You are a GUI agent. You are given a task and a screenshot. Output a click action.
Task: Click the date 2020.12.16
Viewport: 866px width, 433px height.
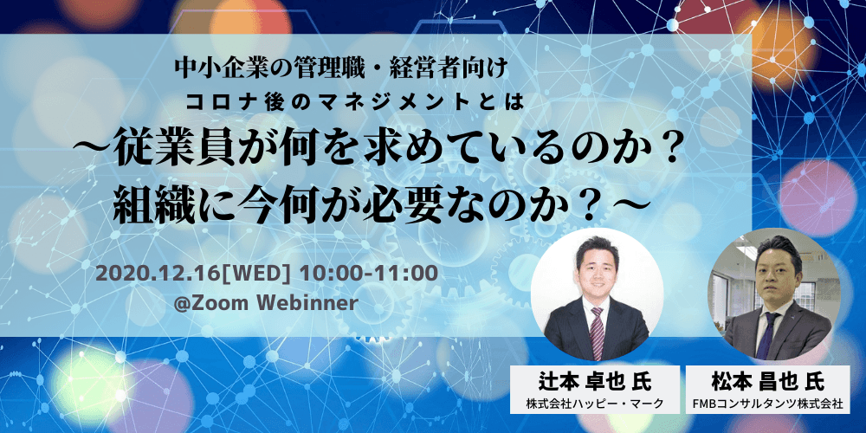pos(159,273)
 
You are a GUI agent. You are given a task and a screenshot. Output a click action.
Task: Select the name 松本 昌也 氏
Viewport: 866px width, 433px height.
pos(767,380)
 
